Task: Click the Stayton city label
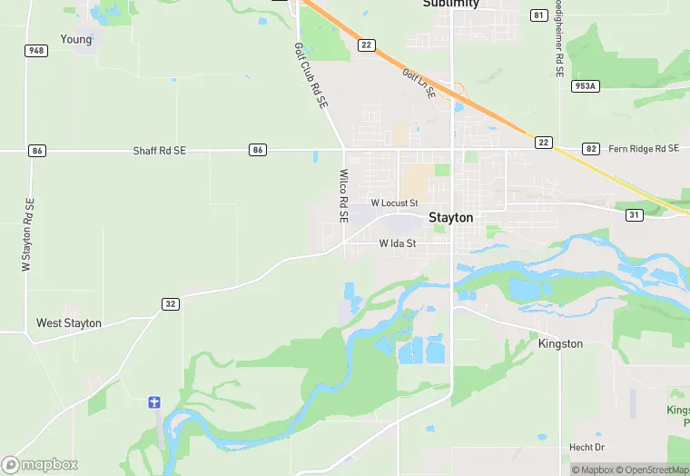click(450, 218)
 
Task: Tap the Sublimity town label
click(450, 4)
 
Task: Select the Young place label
click(76, 39)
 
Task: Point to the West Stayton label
click(69, 323)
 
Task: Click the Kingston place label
click(560, 344)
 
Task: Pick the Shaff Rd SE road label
click(159, 150)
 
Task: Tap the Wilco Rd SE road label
click(343, 196)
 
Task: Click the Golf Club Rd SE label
click(310, 77)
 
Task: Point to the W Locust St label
click(394, 203)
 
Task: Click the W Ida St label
click(397, 243)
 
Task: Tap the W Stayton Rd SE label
click(27, 234)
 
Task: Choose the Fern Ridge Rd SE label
click(643, 149)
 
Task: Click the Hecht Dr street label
click(586, 448)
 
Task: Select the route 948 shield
click(36, 50)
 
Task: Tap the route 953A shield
click(585, 86)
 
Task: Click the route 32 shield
click(170, 303)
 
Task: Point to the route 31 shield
click(634, 214)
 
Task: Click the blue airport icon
click(154, 402)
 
